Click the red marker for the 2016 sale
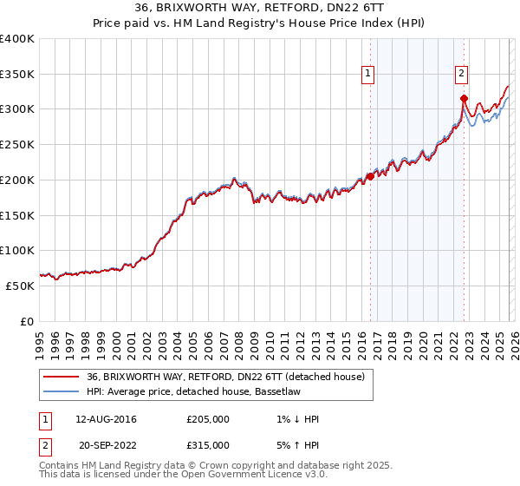(x=370, y=176)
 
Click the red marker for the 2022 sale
(x=464, y=98)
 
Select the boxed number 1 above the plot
(x=368, y=74)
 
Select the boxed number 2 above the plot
(x=462, y=74)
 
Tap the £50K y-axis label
(x=20, y=286)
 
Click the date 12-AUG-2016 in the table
(x=106, y=419)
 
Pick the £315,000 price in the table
(x=208, y=444)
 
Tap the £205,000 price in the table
(x=208, y=419)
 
